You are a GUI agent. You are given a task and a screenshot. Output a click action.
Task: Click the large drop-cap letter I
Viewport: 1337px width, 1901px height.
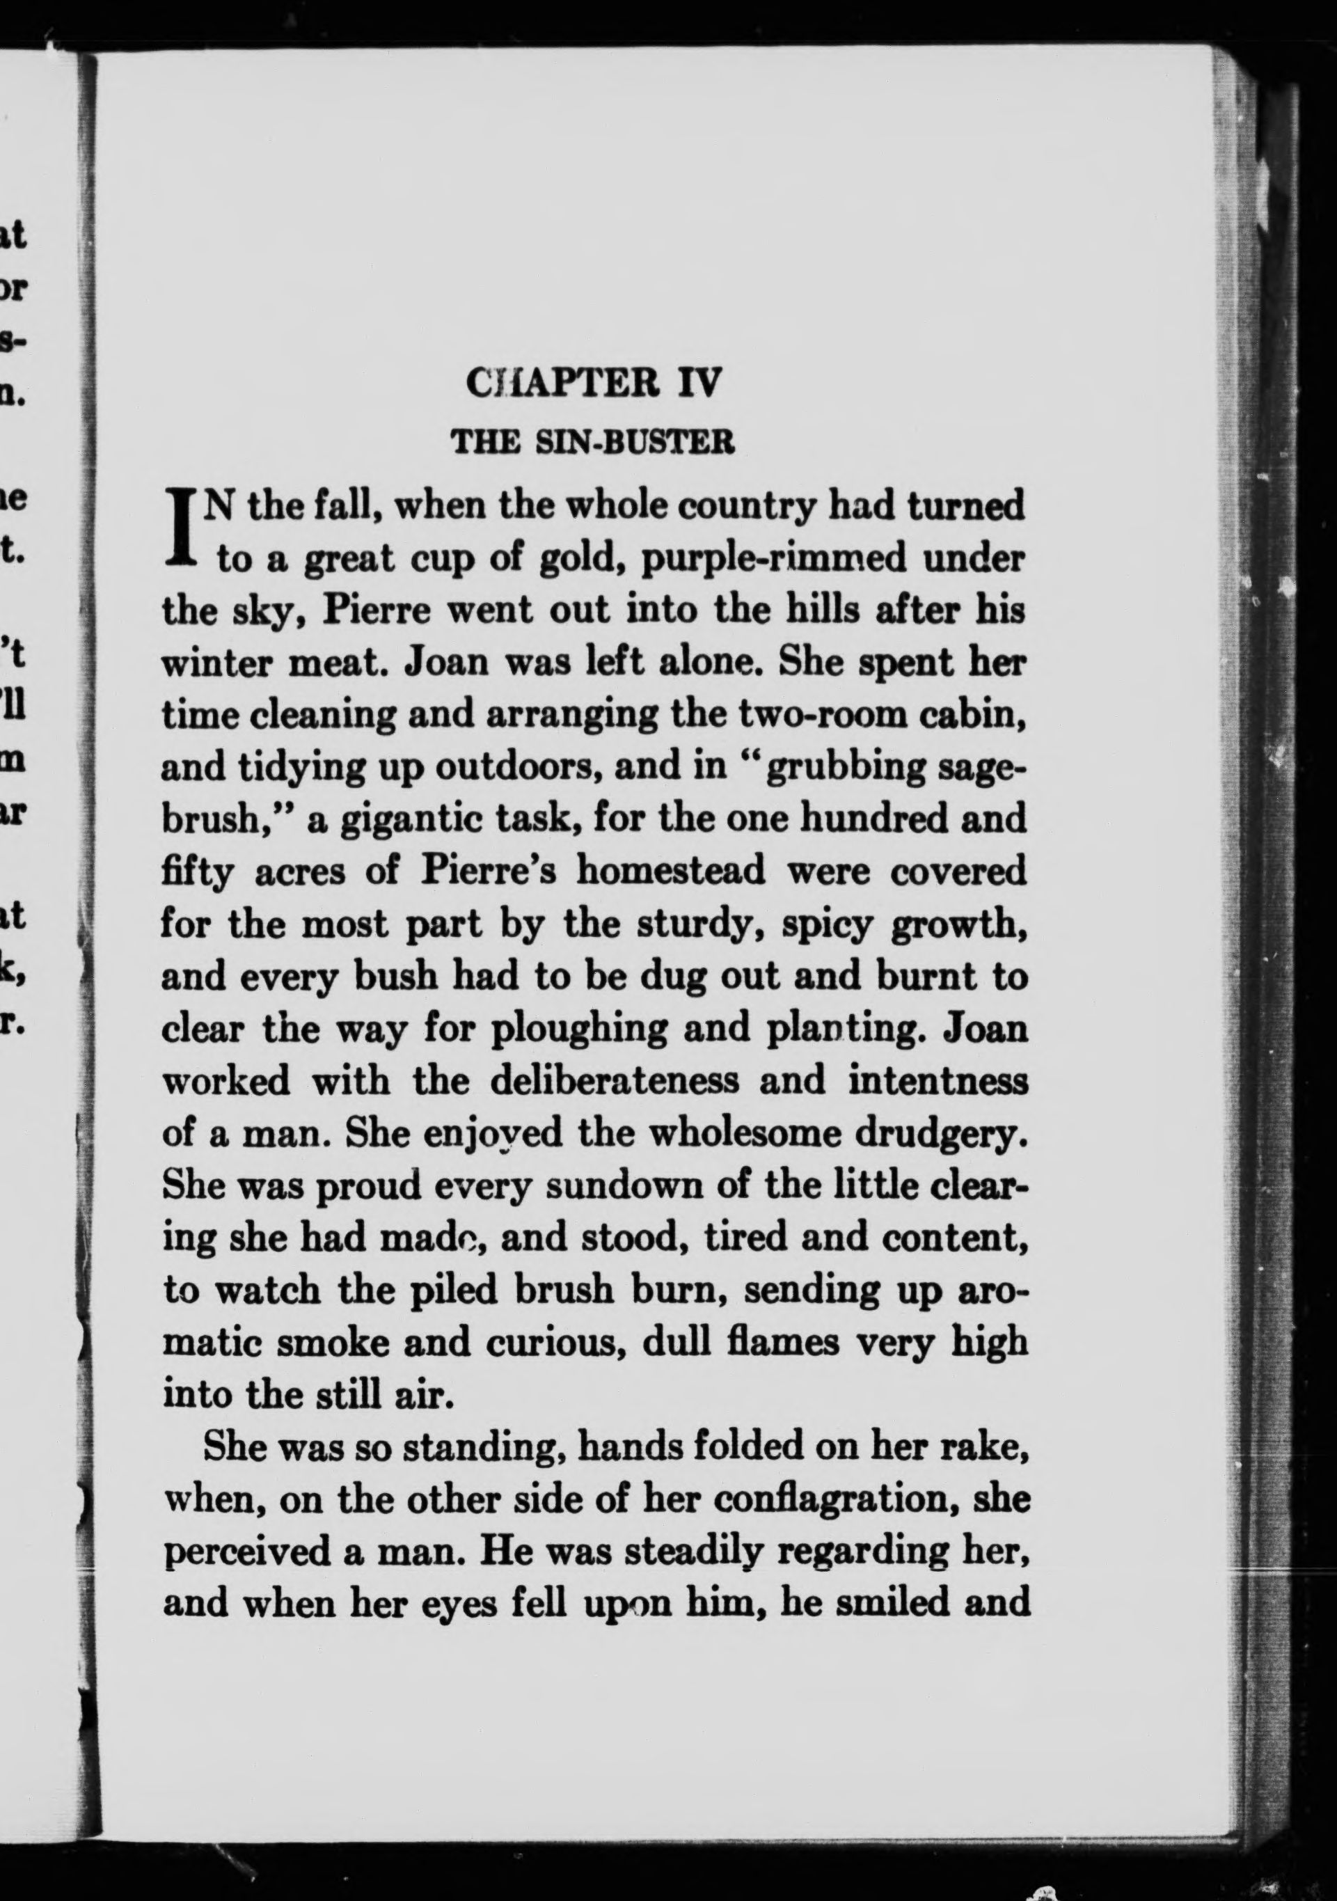pyautogui.click(x=180, y=530)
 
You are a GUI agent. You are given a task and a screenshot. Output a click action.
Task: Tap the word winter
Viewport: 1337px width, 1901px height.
pyautogui.click(x=211, y=664)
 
